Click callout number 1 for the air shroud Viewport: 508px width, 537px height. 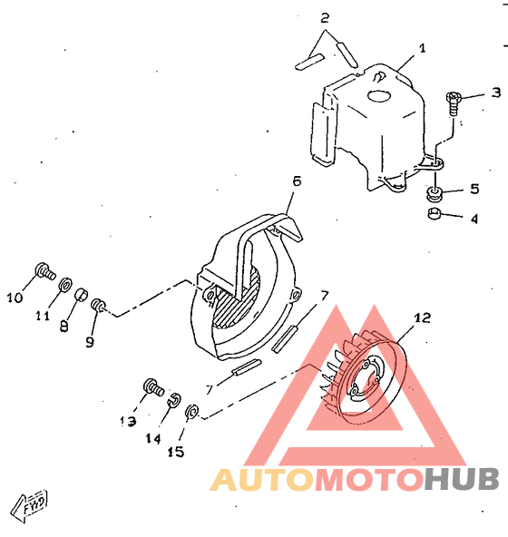tap(423, 48)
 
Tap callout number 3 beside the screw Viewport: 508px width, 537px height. tap(496, 93)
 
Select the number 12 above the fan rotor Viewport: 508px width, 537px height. tap(422, 318)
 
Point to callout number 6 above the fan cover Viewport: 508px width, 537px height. tap(297, 181)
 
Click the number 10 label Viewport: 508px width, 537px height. tap(15, 298)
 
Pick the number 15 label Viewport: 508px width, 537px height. tap(176, 452)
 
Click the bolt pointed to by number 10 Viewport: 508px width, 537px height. tap(45, 271)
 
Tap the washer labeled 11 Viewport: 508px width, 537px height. tap(65, 285)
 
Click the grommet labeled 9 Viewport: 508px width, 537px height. tap(98, 305)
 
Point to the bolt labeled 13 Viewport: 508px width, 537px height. tap(153, 387)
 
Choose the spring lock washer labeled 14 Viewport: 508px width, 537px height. tap(174, 400)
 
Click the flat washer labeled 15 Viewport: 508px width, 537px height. tap(191, 412)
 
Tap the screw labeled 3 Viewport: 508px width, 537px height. tap(454, 103)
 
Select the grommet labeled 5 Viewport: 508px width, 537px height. tap(434, 194)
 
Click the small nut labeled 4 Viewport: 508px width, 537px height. tap(434, 214)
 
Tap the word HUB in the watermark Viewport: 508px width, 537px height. tap(461, 479)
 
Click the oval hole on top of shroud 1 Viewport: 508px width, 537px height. tap(379, 95)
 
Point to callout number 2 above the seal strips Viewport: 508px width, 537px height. tap(325, 18)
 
